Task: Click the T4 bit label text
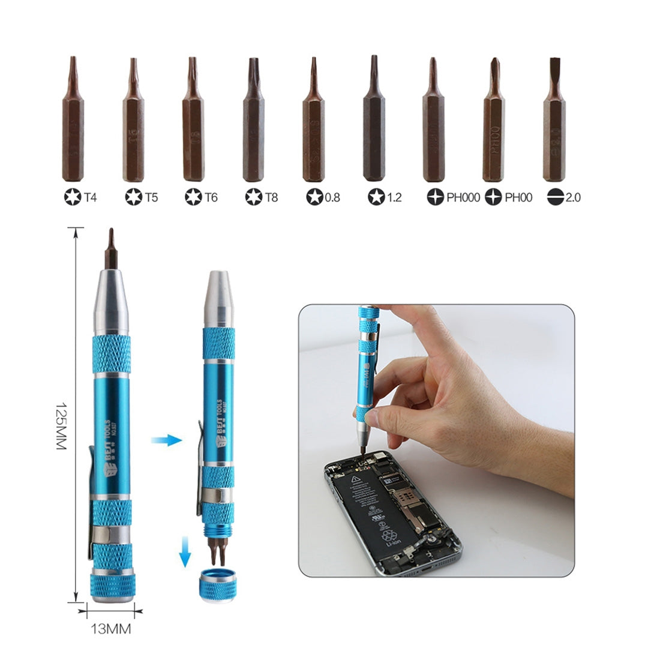90,197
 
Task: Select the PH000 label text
463,197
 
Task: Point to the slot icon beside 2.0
555,197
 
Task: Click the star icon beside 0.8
314,197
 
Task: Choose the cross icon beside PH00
493,197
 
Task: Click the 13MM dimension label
110,629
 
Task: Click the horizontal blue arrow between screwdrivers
166,441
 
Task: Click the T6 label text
210,197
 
